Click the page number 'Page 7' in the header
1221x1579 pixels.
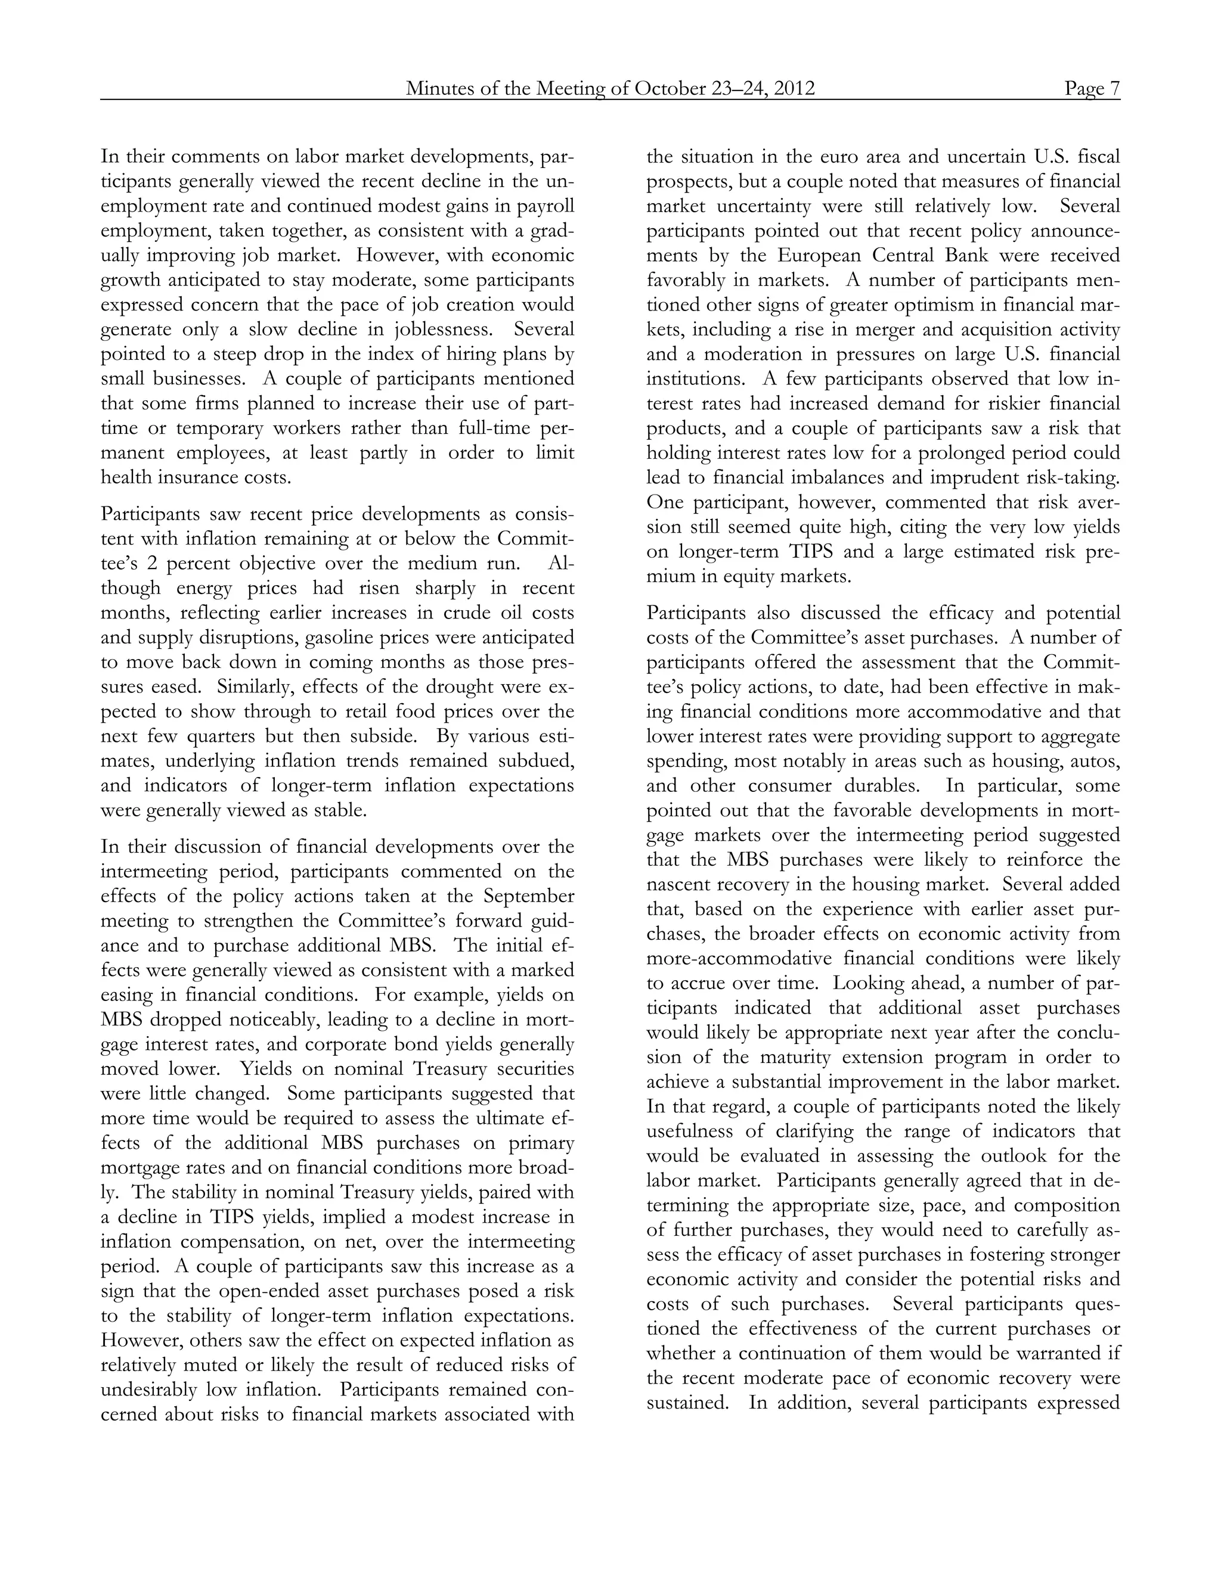point(1092,88)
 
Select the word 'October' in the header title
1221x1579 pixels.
point(668,88)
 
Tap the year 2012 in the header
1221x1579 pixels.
point(794,88)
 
